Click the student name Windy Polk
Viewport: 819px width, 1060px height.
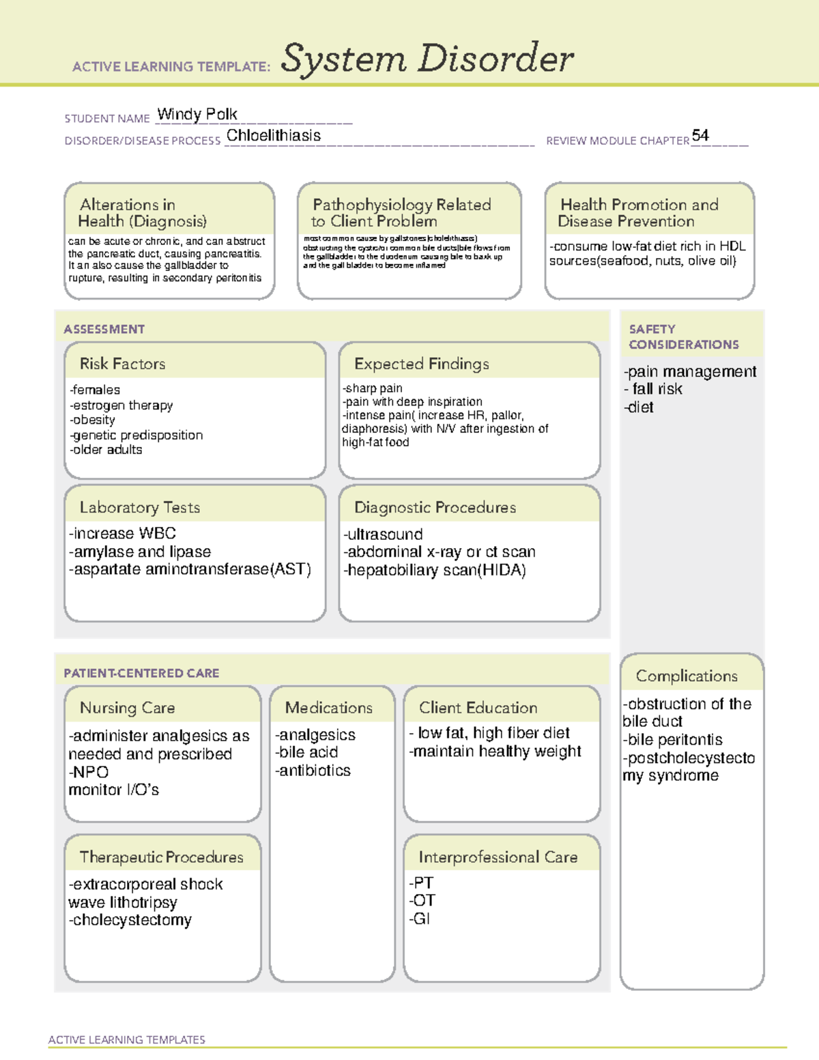pos(197,114)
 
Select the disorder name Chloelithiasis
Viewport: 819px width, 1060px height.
pos(273,136)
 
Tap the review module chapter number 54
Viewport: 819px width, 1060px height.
pos(700,135)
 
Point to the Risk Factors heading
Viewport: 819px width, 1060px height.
pos(122,364)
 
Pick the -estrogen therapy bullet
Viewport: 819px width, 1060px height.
pos(121,405)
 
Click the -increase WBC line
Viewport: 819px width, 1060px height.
pos(122,533)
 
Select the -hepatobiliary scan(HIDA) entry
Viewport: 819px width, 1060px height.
pos(434,570)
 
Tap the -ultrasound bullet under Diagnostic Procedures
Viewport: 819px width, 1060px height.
pos(383,534)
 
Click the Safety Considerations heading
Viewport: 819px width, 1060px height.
pos(683,336)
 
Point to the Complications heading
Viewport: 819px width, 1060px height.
pos(687,676)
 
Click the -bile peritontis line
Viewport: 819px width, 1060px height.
pos(672,740)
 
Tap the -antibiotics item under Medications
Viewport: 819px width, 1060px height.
pos(313,771)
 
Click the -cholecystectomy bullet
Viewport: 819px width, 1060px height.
pos(130,920)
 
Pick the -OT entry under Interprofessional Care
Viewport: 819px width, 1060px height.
pos(422,901)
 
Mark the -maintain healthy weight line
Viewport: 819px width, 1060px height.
pos(495,751)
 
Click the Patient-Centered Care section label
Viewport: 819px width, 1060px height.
pos(141,673)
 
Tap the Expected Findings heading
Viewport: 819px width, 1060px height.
pos(421,364)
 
